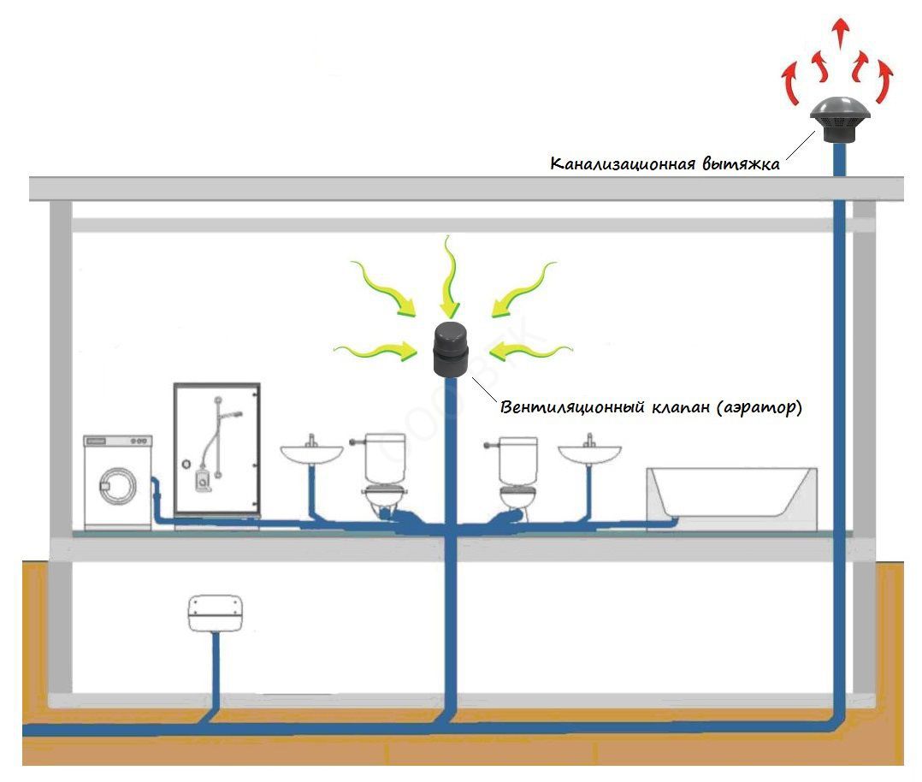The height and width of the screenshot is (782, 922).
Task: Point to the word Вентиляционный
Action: [x=561, y=407]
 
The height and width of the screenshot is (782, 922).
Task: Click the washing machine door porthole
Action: [x=117, y=485]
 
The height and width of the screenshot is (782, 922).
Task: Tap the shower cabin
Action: [x=216, y=453]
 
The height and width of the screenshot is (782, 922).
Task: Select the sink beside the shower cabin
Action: [x=311, y=454]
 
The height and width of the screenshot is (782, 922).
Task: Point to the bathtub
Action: [x=731, y=494]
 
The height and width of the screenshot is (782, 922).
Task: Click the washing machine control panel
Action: [x=117, y=441]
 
